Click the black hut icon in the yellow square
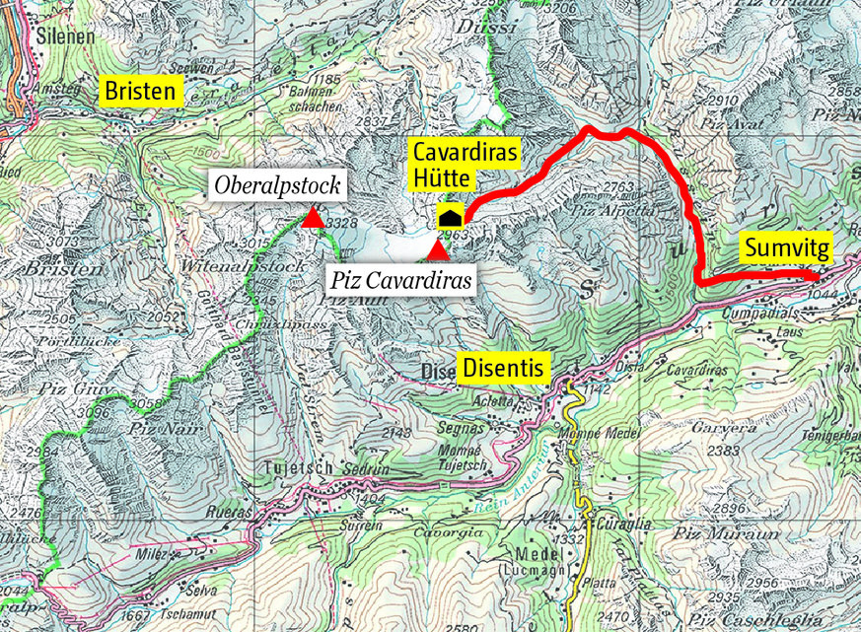click(x=450, y=218)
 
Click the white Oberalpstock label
click(x=275, y=184)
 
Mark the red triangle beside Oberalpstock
click(x=313, y=218)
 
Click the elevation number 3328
click(x=340, y=224)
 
